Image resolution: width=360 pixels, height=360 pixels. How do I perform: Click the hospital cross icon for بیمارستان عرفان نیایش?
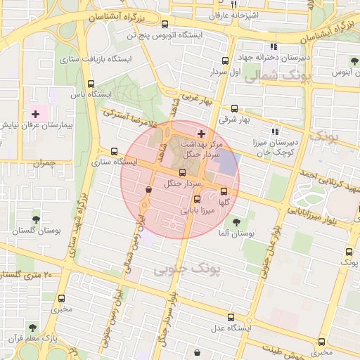click(35, 113)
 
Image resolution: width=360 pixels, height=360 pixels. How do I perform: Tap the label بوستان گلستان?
click(37, 231)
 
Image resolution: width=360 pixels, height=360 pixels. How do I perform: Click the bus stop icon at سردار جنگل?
click(182, 172)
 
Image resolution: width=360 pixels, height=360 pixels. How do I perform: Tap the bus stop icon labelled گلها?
click(224, 191)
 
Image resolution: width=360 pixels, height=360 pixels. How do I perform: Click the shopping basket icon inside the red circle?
click(148, 189)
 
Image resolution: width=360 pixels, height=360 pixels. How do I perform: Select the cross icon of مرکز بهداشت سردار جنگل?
click(202, 134)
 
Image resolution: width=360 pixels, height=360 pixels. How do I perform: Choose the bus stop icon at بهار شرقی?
click(234, 108)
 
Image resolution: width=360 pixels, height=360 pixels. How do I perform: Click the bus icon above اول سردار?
click(225, 61)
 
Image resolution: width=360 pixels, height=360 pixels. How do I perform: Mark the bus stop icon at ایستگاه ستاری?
click(115, 150)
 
